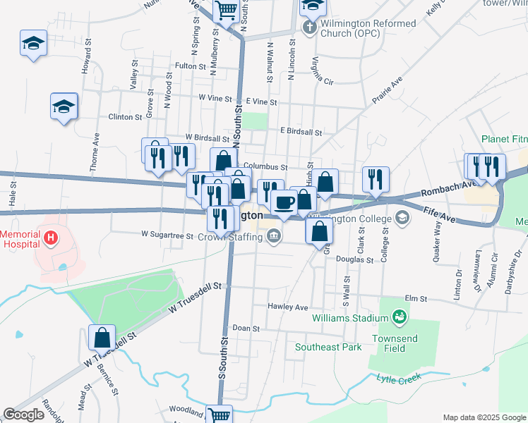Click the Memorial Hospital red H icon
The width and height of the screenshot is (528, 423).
tap(50, 239)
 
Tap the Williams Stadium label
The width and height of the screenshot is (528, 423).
tap(350, 317)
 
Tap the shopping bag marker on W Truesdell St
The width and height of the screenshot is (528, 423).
tap(102, 338)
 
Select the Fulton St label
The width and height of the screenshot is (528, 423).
tap(190, 66)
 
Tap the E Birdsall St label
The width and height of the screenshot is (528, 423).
tap(301, 131)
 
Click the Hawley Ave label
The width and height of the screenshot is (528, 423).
tap(288, 307)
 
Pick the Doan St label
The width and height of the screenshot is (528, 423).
tap(246, 329)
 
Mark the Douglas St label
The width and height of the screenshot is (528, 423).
tap(355, 260)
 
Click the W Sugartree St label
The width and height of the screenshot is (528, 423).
tap(167, 234)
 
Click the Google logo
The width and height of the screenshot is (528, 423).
tap(23, 415)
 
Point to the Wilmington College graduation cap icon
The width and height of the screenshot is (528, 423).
tap(402, 216)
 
